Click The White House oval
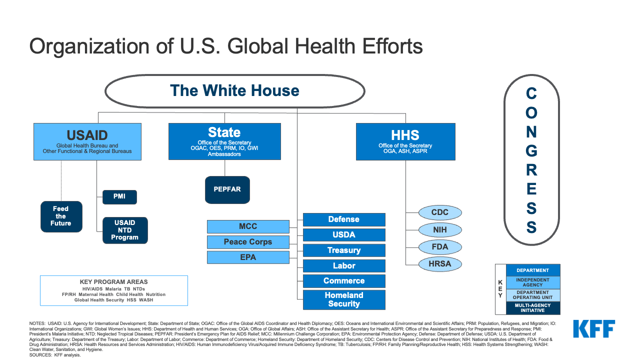[x=234, y=91]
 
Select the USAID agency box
[x=87, y=141]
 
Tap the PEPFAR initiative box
[x=227, y=189]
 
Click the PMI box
[x=119, y=196]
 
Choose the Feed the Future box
[x=61, y=216]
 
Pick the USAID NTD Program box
[x=125, y=230]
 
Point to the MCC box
[x=248, y=226]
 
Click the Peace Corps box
[x=248, y=242]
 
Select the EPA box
[x=248, y=257]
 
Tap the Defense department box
[x=344, y=219]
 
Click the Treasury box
[x=344, y=250]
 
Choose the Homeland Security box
[x=344, y=299]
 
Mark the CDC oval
[x=440, y=212]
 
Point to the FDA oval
[x=440, y=247]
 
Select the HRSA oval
[x=440, y=264]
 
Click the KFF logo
[x=594, y=329]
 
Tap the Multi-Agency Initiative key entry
[x=532, y=308]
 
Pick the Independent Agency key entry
[x=532, y=282]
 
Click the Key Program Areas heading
[x=113, y=282]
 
